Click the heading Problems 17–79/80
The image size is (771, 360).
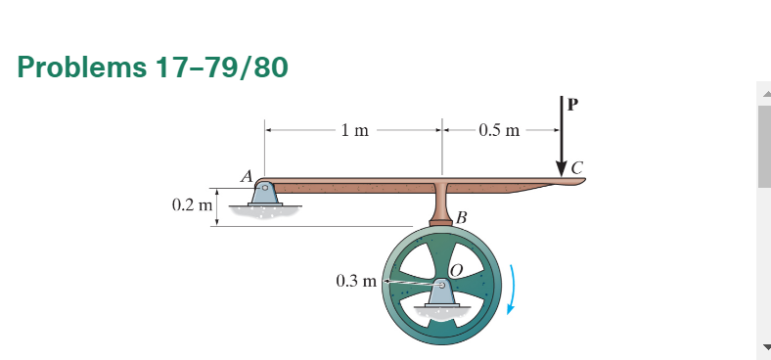153,68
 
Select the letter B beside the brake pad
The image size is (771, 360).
463,216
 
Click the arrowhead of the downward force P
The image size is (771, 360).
561,166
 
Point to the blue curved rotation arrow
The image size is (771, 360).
516,293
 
